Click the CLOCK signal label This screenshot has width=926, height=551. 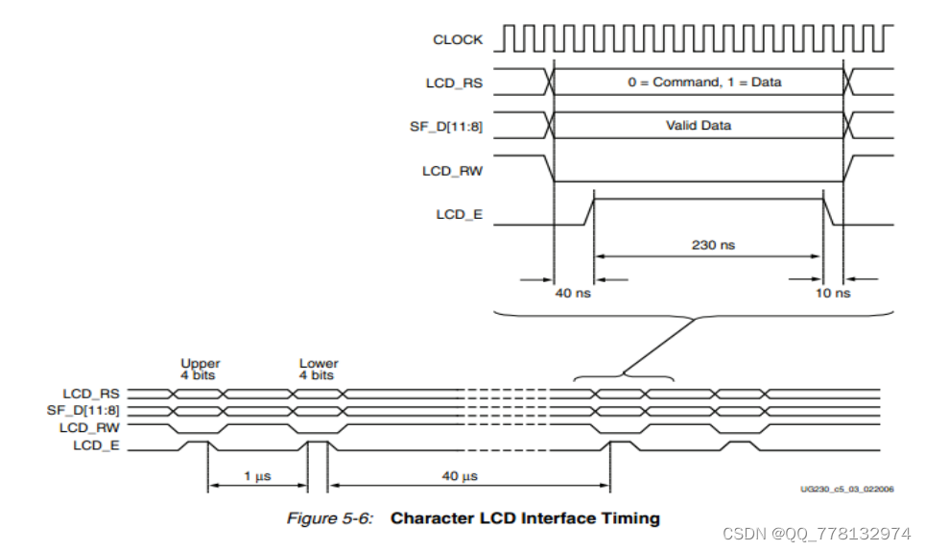tap(458, 39)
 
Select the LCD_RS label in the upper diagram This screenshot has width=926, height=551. tap(454, 83)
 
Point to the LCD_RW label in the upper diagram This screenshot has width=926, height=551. tap(452, 170)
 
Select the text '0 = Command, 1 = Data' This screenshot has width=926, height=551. tap(704, 83)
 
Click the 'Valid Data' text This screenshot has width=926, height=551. tap(700, 126)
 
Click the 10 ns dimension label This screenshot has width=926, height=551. tap(833, 293)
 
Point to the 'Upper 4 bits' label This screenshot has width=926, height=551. tap(201, 370)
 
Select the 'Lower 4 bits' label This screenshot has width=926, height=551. tap(319, 370)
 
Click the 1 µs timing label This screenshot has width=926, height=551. tap(257, 476)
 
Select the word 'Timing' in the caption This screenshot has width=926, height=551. tap(629, 518)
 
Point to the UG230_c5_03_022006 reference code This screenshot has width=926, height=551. tap(847, 489)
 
